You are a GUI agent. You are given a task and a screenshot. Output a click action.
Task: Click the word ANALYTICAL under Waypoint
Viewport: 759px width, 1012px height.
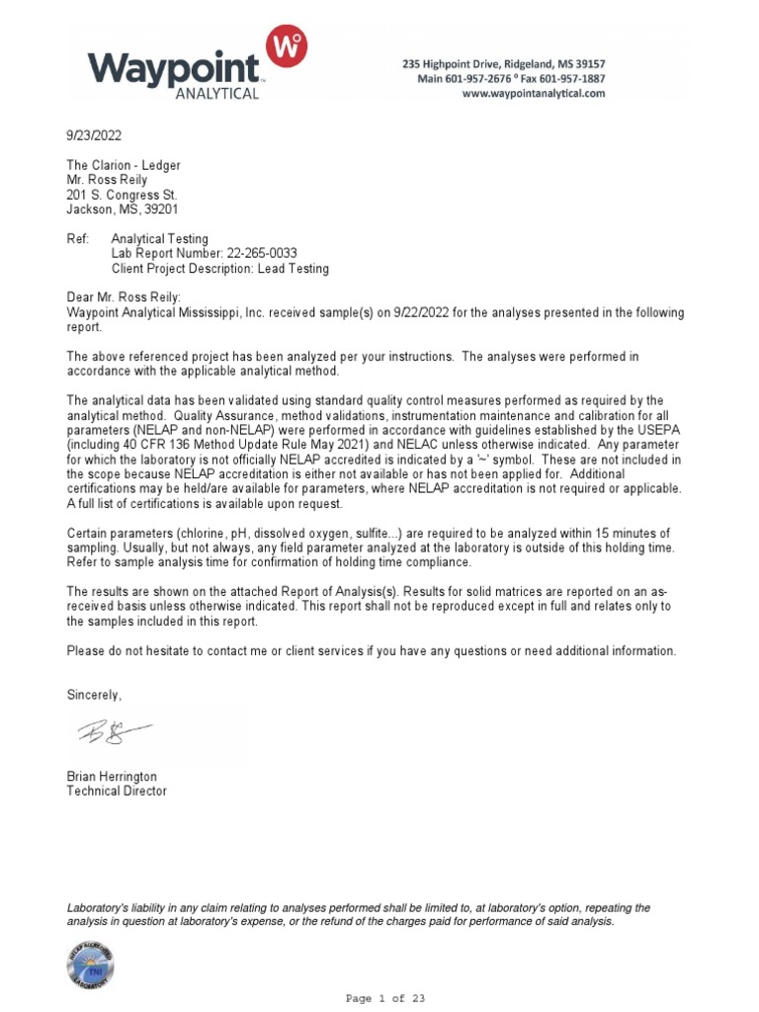(x=216, y=94)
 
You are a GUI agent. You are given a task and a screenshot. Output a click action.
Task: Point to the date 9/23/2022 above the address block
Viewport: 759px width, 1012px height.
(x=95, y=135)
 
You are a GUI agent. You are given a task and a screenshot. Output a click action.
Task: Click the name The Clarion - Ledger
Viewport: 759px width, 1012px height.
(x=124, y=165)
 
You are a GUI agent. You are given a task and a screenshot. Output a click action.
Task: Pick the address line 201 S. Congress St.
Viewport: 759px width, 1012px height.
(x=122, y=195)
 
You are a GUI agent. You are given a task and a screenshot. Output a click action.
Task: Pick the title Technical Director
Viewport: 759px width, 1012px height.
(x=117, y=791)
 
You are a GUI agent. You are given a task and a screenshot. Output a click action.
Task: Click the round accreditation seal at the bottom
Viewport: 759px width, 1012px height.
(x=91, y=965)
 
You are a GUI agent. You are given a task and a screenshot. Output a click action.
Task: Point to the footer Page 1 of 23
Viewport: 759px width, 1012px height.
(x=385, y=998)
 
